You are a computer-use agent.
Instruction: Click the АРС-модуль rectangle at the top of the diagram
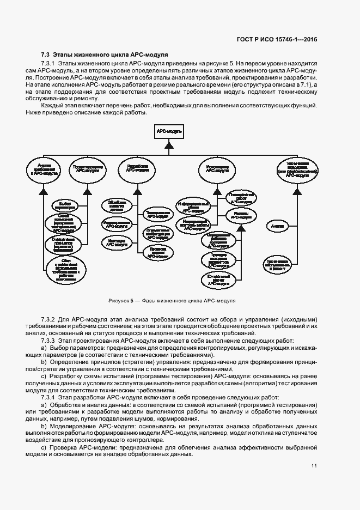tap(169, 132)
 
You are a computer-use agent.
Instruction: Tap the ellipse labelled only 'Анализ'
tap(277, 224)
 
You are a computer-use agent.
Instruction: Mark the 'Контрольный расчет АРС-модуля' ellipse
tap(218, 279)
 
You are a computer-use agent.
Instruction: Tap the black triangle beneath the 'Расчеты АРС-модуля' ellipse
tap(236, 228)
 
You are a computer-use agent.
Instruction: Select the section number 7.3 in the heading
tap(46, 55)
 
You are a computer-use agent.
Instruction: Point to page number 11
tap(314, 465)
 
